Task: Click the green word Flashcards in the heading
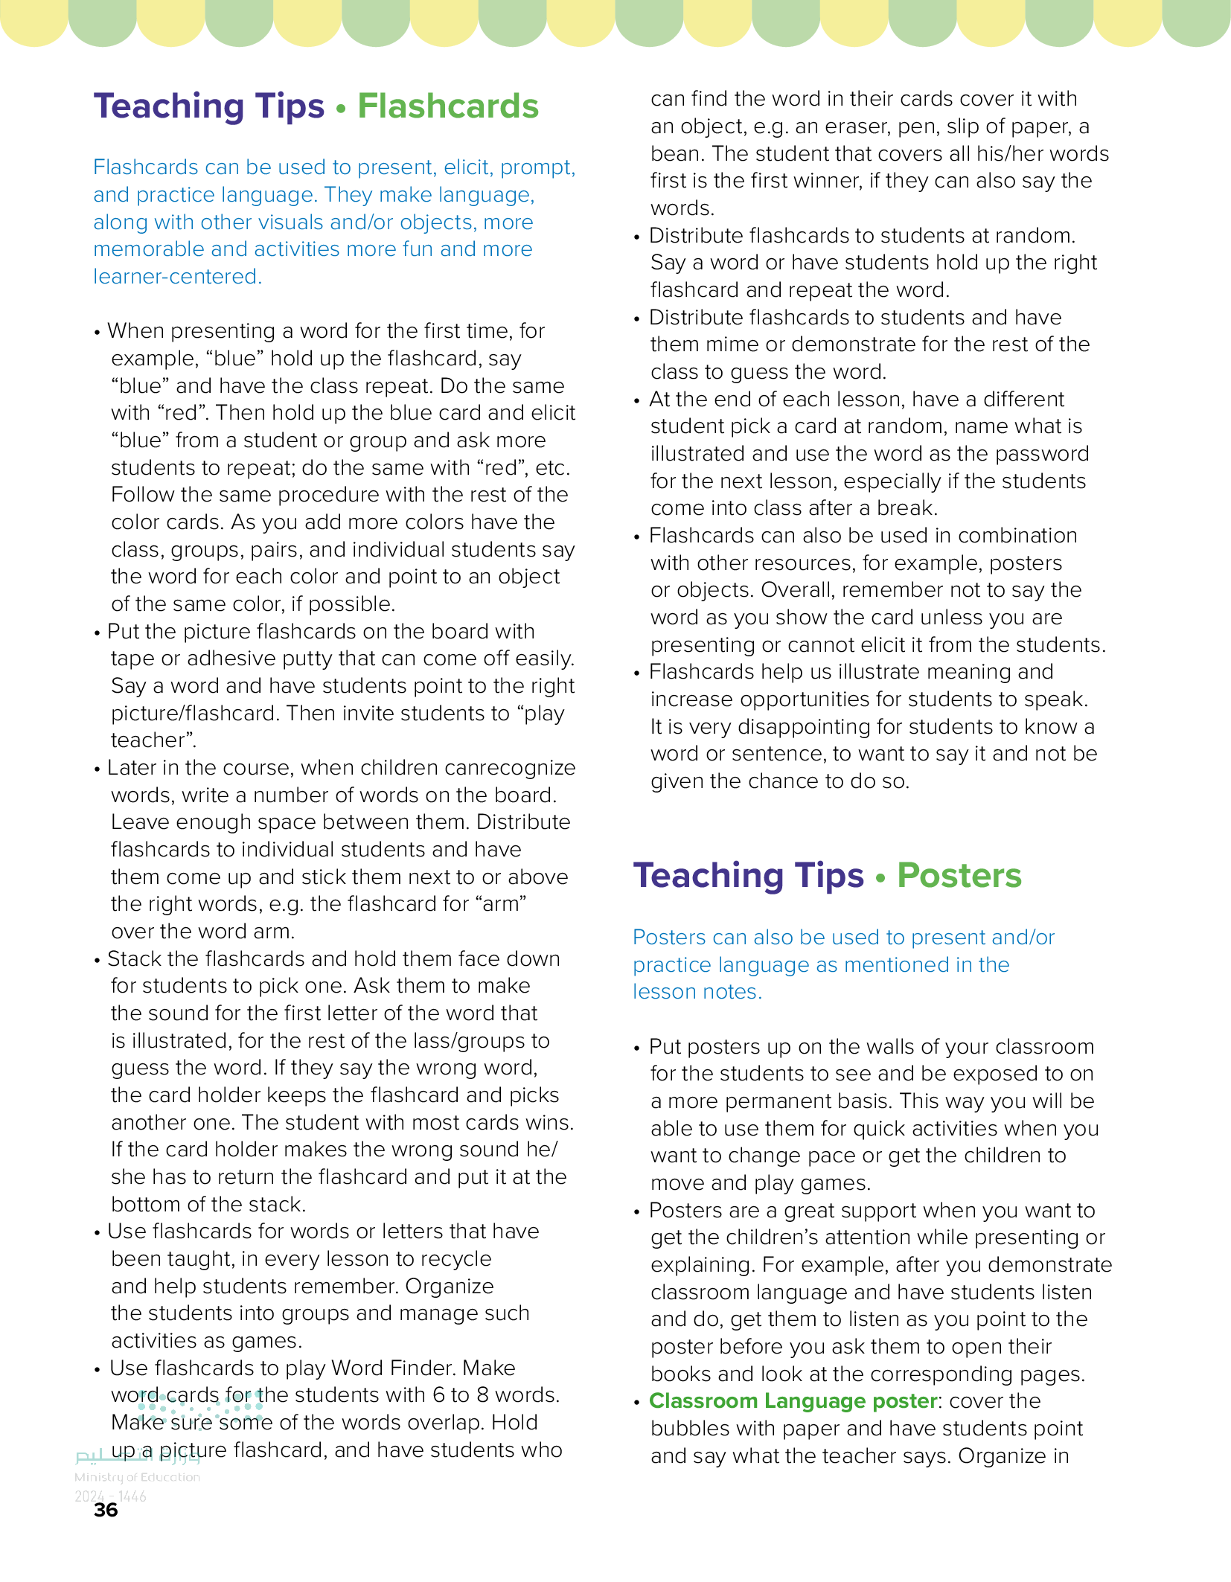[447, 106]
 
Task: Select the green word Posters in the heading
[959, 876]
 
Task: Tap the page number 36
[106, 1510]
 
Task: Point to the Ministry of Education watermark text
[137, 1477]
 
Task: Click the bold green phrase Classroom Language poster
[793, 1401]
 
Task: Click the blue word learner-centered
[177, 277]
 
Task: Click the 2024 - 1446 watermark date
[110, 1496]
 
